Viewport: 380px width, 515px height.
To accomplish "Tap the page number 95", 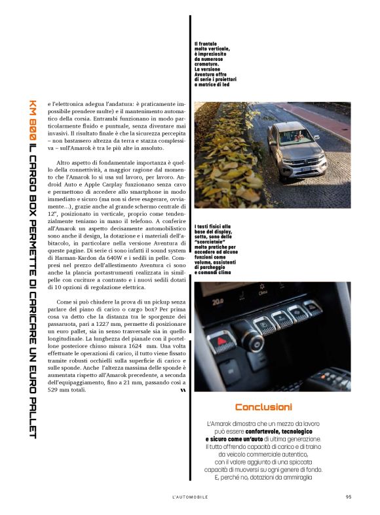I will click(349, 496).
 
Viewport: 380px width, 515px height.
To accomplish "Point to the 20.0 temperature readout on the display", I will click(218, 302).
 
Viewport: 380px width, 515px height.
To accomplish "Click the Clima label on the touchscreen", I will click(262, 293).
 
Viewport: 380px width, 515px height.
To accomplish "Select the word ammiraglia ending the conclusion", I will click(295, 476).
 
